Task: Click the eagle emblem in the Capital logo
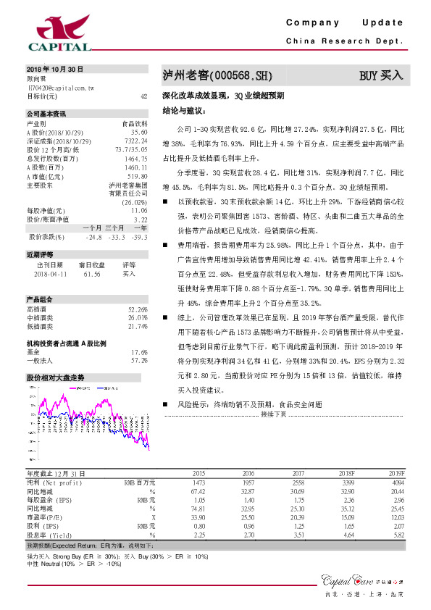tap(57, 26)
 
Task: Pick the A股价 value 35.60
tap(139, 133)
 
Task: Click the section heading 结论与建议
tap(183, 112)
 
